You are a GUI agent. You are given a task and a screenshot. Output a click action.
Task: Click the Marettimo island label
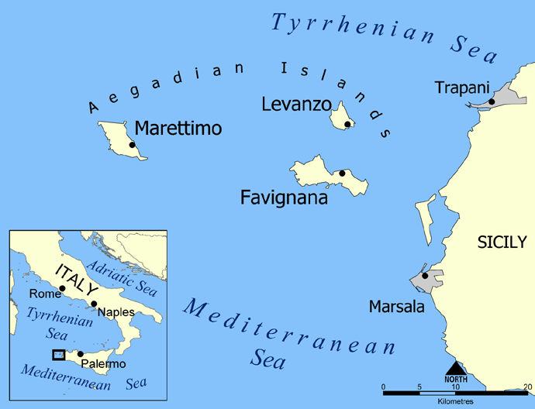point(178,128)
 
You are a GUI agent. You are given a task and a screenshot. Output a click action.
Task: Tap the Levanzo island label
point(296,104)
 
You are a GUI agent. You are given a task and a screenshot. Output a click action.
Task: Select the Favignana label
point(284,198)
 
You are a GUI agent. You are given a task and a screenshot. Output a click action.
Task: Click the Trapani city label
point(462,88)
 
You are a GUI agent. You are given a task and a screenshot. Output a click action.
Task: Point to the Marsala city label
point(396,308)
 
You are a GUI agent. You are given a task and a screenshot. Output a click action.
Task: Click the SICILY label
point(501,242)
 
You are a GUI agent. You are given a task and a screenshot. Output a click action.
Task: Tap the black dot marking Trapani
point(491,101)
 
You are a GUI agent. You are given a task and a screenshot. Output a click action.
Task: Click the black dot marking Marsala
point(424,276)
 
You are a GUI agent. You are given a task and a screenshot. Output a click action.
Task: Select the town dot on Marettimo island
point(133,145)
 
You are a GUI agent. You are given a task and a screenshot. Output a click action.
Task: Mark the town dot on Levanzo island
point(347,124)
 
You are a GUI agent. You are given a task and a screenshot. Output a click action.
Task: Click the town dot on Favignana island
point(342,174)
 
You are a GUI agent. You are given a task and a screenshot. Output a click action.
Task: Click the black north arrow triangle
point(454,366)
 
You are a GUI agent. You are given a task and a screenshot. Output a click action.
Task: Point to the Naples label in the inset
point(116,312)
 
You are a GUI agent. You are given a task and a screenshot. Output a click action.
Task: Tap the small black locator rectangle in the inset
point(58,354)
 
